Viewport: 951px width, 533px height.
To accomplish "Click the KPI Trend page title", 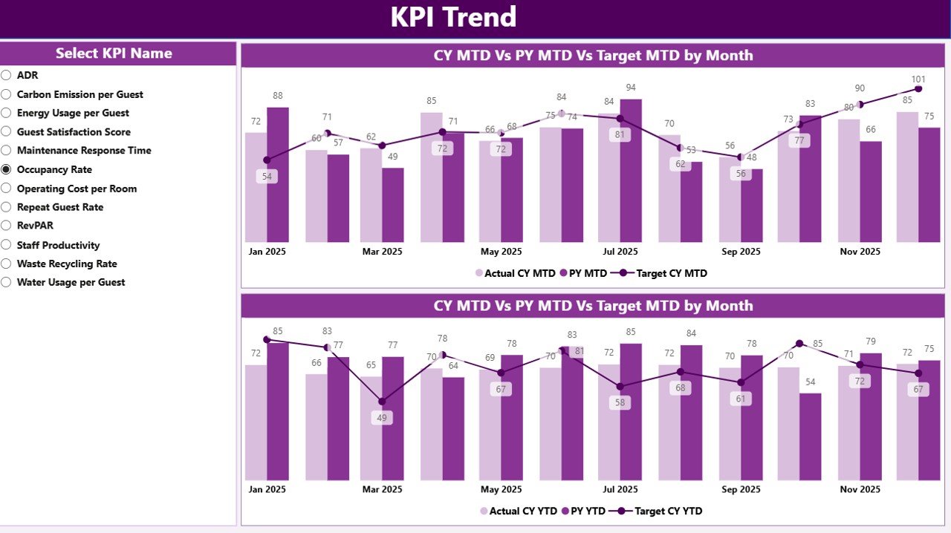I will coord(453,18).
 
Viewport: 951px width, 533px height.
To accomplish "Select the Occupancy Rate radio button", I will coord(7,170).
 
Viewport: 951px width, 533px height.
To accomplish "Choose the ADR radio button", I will coord(7,75).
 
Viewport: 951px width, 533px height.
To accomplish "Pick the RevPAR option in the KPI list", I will coord(35,226).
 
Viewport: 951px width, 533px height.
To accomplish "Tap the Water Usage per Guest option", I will coord(71,282).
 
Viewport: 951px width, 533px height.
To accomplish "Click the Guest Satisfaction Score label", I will coord(74,132).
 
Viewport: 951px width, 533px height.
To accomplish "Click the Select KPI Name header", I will coord(114,53).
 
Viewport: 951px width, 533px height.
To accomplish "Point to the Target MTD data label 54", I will coord(267,177).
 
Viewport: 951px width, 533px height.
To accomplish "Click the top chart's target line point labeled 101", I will coord(918,89).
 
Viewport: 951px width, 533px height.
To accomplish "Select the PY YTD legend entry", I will coord(585,511).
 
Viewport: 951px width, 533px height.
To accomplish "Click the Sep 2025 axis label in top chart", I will coord(740,252).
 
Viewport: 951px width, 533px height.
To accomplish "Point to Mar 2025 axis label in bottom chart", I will coord(382,489).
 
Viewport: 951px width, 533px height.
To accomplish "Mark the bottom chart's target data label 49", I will coord(382,418).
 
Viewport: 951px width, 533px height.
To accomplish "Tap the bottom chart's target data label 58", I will coord(620,403).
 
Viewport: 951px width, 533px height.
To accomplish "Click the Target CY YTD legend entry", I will coord(666,511).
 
